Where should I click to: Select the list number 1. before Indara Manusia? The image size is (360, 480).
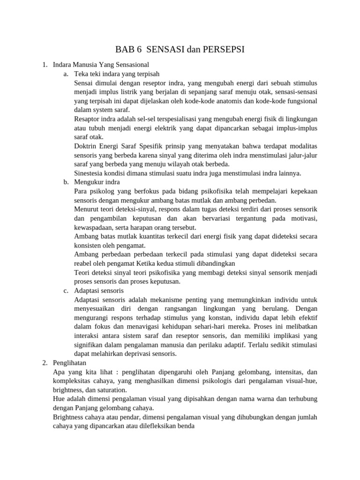pyautogui.click(x=45, y=65)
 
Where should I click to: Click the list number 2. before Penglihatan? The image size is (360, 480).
pyautogui.click(x=45, y=363)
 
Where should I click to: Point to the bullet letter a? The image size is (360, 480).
pyautogui.click(x=66, y=74)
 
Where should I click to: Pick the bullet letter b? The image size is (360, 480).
pyautogui.click(x=66, y=182)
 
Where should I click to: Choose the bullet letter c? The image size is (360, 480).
pyautogui.click(x=66, y=291)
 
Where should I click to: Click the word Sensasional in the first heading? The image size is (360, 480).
pyautogui.click(x=132, y=65)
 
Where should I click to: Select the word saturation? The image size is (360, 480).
pyautogui.click(x=111, y=390)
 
